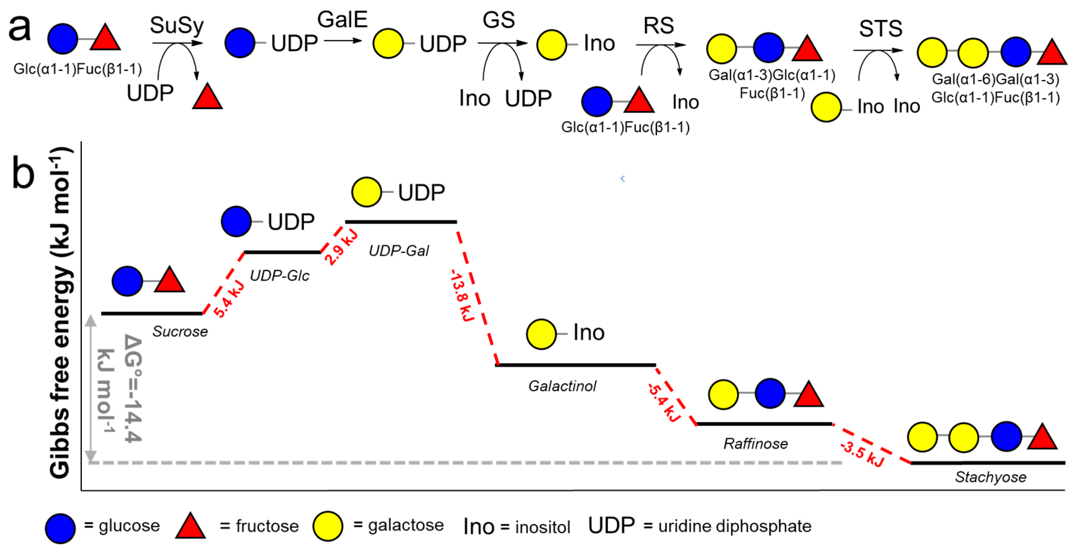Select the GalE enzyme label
[x=342, y=20]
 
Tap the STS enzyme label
[x=881, y=29]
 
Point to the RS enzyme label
[x=658, y=26]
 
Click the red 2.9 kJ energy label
[x=341, y=247]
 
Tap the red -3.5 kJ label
[x=862, y=454]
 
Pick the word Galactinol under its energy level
[x=562, y=386]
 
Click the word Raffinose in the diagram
[x=755, y=444]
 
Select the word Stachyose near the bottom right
[x=991, y=477]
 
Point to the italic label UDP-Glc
[x=279, y=275]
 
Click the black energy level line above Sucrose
[x=152, y=313]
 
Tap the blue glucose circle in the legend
[x=60, y=528]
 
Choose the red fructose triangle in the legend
[x=190, y=526]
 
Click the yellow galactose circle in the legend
[x=328, y=526]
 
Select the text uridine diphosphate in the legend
[x=735, y=526]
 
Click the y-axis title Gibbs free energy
[x=60, y=313]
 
